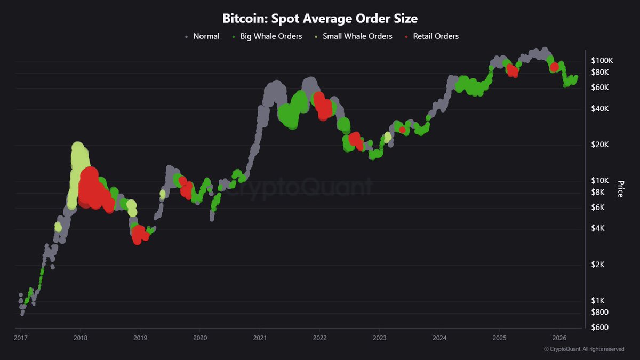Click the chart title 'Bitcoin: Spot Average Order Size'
coord(319,18)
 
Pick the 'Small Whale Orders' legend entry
coord(353,36)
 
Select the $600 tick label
coord(600,327)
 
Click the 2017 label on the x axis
coord(20,338)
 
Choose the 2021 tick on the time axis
coord(260,338)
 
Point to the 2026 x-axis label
coord(559,338)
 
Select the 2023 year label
coord(380,338)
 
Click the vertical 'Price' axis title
coord(620,189)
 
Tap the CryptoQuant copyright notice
coord(583,349)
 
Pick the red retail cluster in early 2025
coord(512,70)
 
